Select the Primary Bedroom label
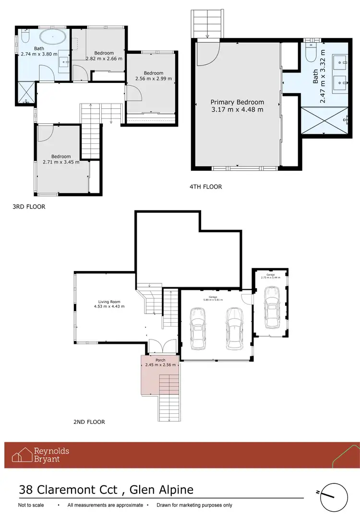[238, 106]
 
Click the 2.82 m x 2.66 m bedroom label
[104, 56]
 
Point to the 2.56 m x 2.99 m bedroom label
[153, 76]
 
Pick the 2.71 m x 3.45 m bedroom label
[61, 159]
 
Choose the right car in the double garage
[234, 328]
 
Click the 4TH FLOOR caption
[206, 187]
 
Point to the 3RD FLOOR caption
[29, 207]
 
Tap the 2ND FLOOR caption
[89, 422]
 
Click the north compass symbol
[334, 497]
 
